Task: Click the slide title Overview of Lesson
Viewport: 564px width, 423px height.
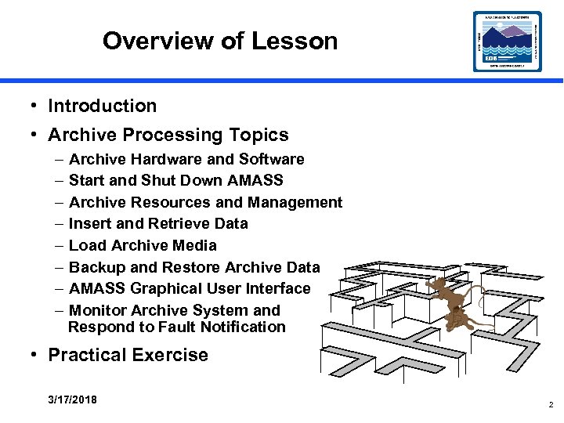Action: [219, 41]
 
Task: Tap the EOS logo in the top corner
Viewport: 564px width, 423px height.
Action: [507, 41]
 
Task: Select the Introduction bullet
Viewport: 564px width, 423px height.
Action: [102, 106]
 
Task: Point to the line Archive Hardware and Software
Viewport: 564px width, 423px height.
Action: [186, 159]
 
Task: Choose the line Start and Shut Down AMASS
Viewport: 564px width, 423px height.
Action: [175, 180]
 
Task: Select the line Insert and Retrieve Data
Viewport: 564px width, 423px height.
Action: [158, 223]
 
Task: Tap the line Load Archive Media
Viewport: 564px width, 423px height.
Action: [143, 245]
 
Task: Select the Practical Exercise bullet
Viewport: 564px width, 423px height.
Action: [128, 355]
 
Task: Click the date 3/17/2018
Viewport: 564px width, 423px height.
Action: [72, 399]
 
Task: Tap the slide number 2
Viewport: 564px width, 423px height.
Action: [551, 405]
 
